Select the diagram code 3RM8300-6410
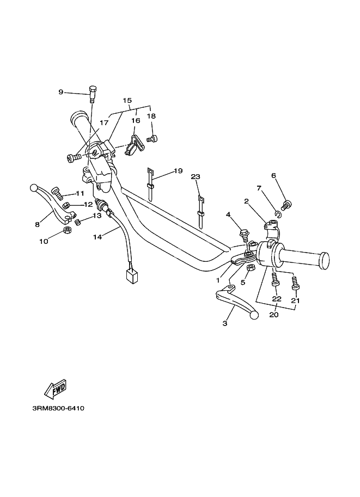coord(58,408)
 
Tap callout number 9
coord(61,92)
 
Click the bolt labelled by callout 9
coord(92,94)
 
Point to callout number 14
coord(97,237)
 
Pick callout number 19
coord(178,171)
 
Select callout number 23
coord(196,177)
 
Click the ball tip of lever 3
coord(254,315)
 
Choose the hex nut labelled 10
coord(67,230)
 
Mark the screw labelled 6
coord(285,204)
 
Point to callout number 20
coord(274,315)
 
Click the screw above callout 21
coord(295,283)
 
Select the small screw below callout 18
coord(152,138)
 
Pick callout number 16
coord(136,121)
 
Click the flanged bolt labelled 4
coord(243,235)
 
